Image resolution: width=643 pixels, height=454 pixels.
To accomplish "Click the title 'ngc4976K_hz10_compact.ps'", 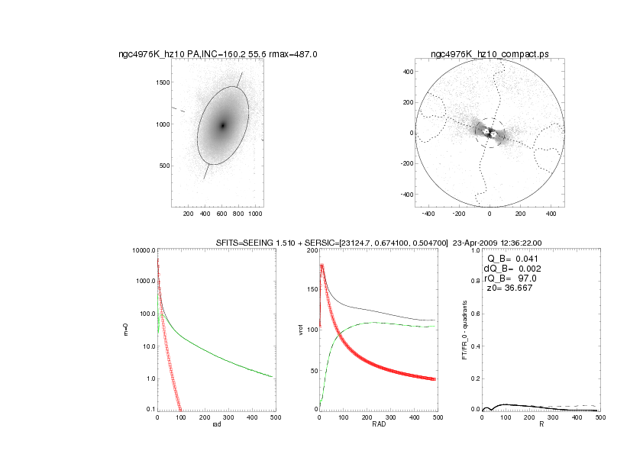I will coord(489,54).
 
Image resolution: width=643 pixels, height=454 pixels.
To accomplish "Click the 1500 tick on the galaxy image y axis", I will coord(160,82).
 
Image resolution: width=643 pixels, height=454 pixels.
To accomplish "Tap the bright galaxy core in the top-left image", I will coord(223,125).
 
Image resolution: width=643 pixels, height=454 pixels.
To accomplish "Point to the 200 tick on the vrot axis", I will coord(310,250).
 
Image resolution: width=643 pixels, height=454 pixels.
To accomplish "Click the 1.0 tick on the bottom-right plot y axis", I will coord(474,250).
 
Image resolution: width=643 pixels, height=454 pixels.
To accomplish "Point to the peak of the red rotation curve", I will coord(322,266).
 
